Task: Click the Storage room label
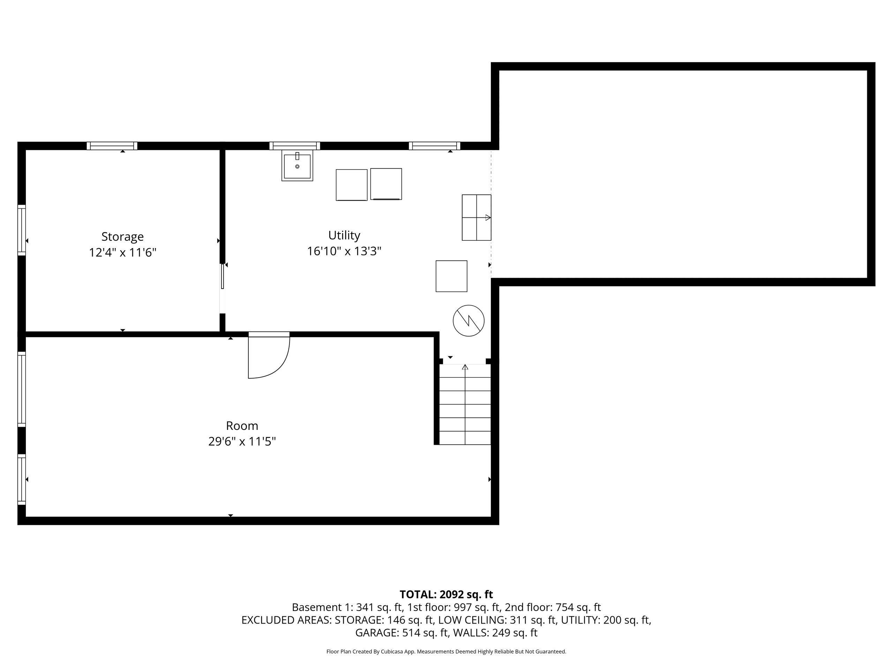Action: [122, 236]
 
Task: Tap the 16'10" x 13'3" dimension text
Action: [344, 251]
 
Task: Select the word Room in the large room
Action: [242, 426]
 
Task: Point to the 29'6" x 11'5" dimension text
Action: [242, 441]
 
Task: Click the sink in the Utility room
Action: [297, 166]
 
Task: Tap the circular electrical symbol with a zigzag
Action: [468, 320]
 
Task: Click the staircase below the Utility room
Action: [465, 404]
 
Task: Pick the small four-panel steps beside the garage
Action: [476, 217]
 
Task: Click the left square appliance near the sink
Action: [351, 185]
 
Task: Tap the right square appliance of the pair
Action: [386, 184]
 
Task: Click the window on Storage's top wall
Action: [112, 146]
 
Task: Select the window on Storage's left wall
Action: [21, 230]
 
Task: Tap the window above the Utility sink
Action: [295, 146]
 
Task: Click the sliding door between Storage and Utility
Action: [222, 276]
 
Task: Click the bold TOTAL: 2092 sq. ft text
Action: [446, 595]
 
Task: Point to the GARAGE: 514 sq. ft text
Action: [402, 632]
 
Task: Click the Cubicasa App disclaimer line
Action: [446, 652]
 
